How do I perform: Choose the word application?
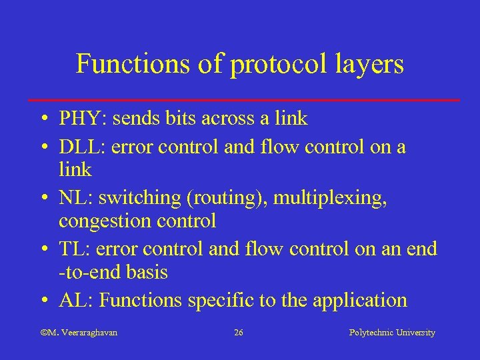[x=357, y=301]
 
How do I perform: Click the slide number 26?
[x=239, y=332]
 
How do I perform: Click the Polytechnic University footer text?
[x=392, y=332]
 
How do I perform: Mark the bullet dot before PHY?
[x=42, y=119]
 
